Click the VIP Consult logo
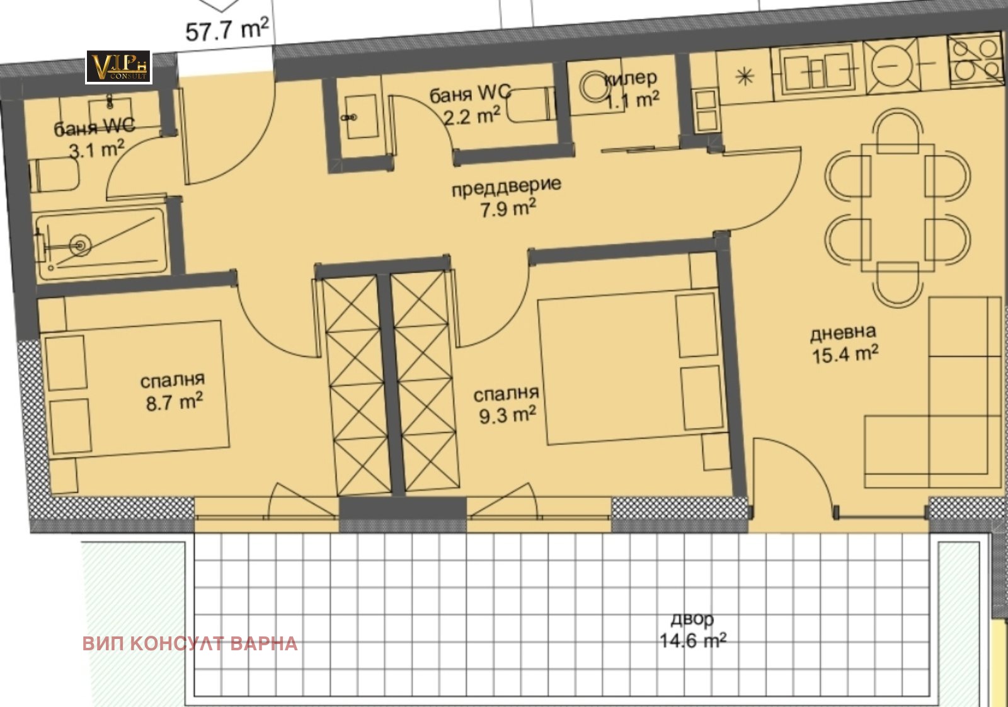(119, 67)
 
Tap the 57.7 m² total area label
(227, 30)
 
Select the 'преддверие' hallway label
(507, 187)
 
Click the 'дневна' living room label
(843, 333)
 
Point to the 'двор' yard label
(692, 619)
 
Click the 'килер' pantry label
(631, 79)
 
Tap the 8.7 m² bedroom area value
(174, 401)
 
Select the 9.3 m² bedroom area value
(507, 415)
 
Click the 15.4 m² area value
(845, 353)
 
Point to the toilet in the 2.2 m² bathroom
(530, 105)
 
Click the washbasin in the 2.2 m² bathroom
(360, 117)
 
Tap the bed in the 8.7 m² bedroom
(135, 389)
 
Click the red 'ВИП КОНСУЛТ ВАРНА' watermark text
(190, 643)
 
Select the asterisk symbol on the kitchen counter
(745, 77)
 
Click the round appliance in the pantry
(595, 86)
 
